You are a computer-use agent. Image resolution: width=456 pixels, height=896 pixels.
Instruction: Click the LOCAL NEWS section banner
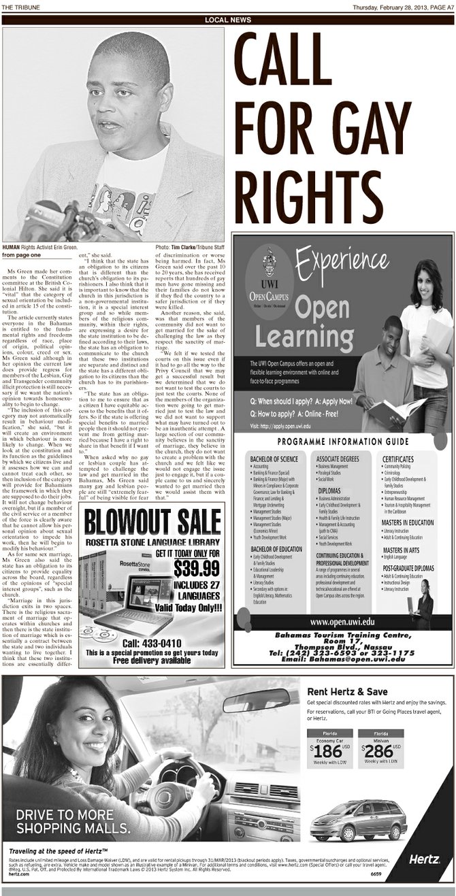(x=227, y=20)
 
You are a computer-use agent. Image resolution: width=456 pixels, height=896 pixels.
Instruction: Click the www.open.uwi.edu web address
(x=342, y=621)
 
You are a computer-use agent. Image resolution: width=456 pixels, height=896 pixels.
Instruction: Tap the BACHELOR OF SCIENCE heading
(x=274, y=459)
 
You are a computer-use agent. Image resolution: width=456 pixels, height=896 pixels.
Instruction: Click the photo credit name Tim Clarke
(x=184, y=247)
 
